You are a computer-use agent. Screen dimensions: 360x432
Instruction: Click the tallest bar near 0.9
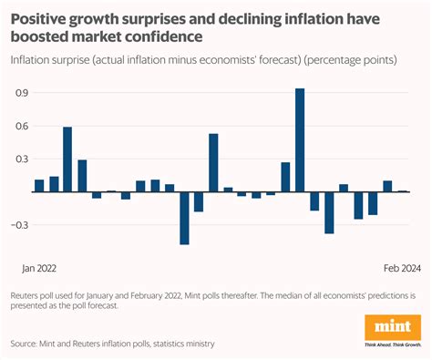tap(300, 139)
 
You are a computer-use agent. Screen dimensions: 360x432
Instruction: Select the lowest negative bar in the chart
tap(184, 218)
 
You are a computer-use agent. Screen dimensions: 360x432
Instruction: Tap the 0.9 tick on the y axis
tap(20, 92)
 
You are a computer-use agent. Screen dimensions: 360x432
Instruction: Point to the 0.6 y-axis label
tap(20, 126)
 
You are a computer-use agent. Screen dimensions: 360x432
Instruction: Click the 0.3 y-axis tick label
tap(20, 159)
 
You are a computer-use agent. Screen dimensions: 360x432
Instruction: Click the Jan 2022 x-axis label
tap(39, 268)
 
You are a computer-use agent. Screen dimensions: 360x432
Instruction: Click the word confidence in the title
tap(160, 36)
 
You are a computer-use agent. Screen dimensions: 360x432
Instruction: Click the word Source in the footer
tap(28, 344)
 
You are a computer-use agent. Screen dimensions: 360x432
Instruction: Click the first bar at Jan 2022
tap(39, 186)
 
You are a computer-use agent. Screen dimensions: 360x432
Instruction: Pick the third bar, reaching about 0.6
tap(67, 159)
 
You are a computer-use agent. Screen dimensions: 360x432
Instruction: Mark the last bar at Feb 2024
tap(402, 191)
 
